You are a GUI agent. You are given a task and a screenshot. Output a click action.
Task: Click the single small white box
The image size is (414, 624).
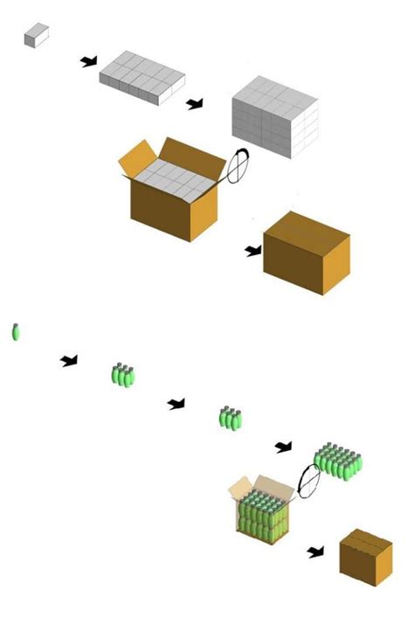tap(36, 35)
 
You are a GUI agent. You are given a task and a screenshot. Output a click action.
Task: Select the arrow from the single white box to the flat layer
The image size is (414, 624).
tap(89, 61)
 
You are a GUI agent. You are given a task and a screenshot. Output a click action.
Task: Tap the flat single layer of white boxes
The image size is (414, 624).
tap(141, 77)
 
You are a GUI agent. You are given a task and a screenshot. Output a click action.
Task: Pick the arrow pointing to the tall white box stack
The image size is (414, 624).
tap(195, 104)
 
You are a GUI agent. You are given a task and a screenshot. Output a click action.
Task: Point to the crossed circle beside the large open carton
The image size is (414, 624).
tap(238, 166)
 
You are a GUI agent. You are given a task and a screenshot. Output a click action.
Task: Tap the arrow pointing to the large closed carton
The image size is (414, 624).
tap(253, 251)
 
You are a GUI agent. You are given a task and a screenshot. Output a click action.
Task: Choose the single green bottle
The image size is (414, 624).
tap(15, 332)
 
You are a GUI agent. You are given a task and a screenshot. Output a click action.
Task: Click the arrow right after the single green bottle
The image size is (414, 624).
tap(69, 360)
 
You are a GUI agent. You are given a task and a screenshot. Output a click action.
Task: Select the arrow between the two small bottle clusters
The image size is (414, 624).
tap(176, 403)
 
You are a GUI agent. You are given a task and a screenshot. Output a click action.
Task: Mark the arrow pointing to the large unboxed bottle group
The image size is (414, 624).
tap(283, 447)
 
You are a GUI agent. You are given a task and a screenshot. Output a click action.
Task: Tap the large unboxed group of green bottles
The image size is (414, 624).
tap(338, 461)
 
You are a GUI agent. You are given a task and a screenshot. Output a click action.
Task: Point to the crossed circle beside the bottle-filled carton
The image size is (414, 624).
tap(308, 481)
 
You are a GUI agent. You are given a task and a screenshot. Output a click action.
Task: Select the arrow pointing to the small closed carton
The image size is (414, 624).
tap(315, 551)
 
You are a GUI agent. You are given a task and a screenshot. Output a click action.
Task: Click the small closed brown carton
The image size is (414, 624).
tap(366, 557)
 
